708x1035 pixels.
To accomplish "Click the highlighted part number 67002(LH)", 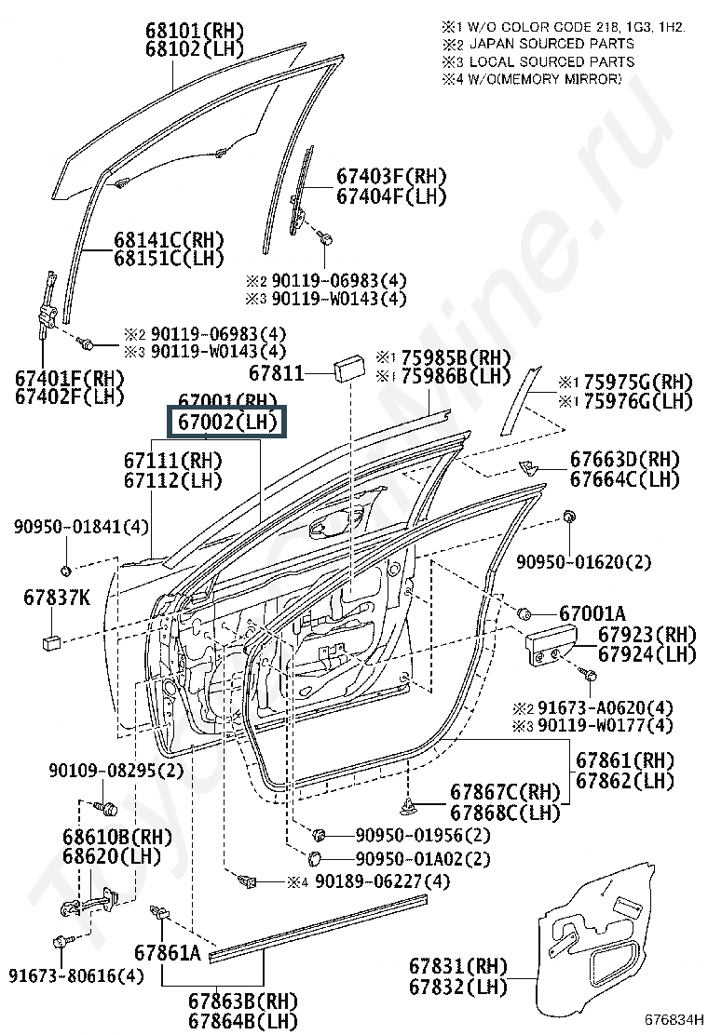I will [x=227, y=422].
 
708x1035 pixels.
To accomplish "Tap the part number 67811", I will [x=277, y=372].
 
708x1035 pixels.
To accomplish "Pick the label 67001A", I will [x=592, y=613].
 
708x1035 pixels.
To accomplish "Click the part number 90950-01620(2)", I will [x=584, y=561].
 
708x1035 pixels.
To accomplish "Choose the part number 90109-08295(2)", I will [x=116, y=771].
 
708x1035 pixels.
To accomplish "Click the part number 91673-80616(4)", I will [x=76, y=975].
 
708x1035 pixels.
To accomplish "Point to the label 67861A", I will [x=167, y=953].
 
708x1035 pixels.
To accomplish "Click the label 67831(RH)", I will [x=454, y=964].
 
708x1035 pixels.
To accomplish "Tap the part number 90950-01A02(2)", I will [x=422, y=858].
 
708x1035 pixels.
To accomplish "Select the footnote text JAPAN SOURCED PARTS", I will [x=551, y=44].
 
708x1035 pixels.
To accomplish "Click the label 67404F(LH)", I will [x=391, y=196].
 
